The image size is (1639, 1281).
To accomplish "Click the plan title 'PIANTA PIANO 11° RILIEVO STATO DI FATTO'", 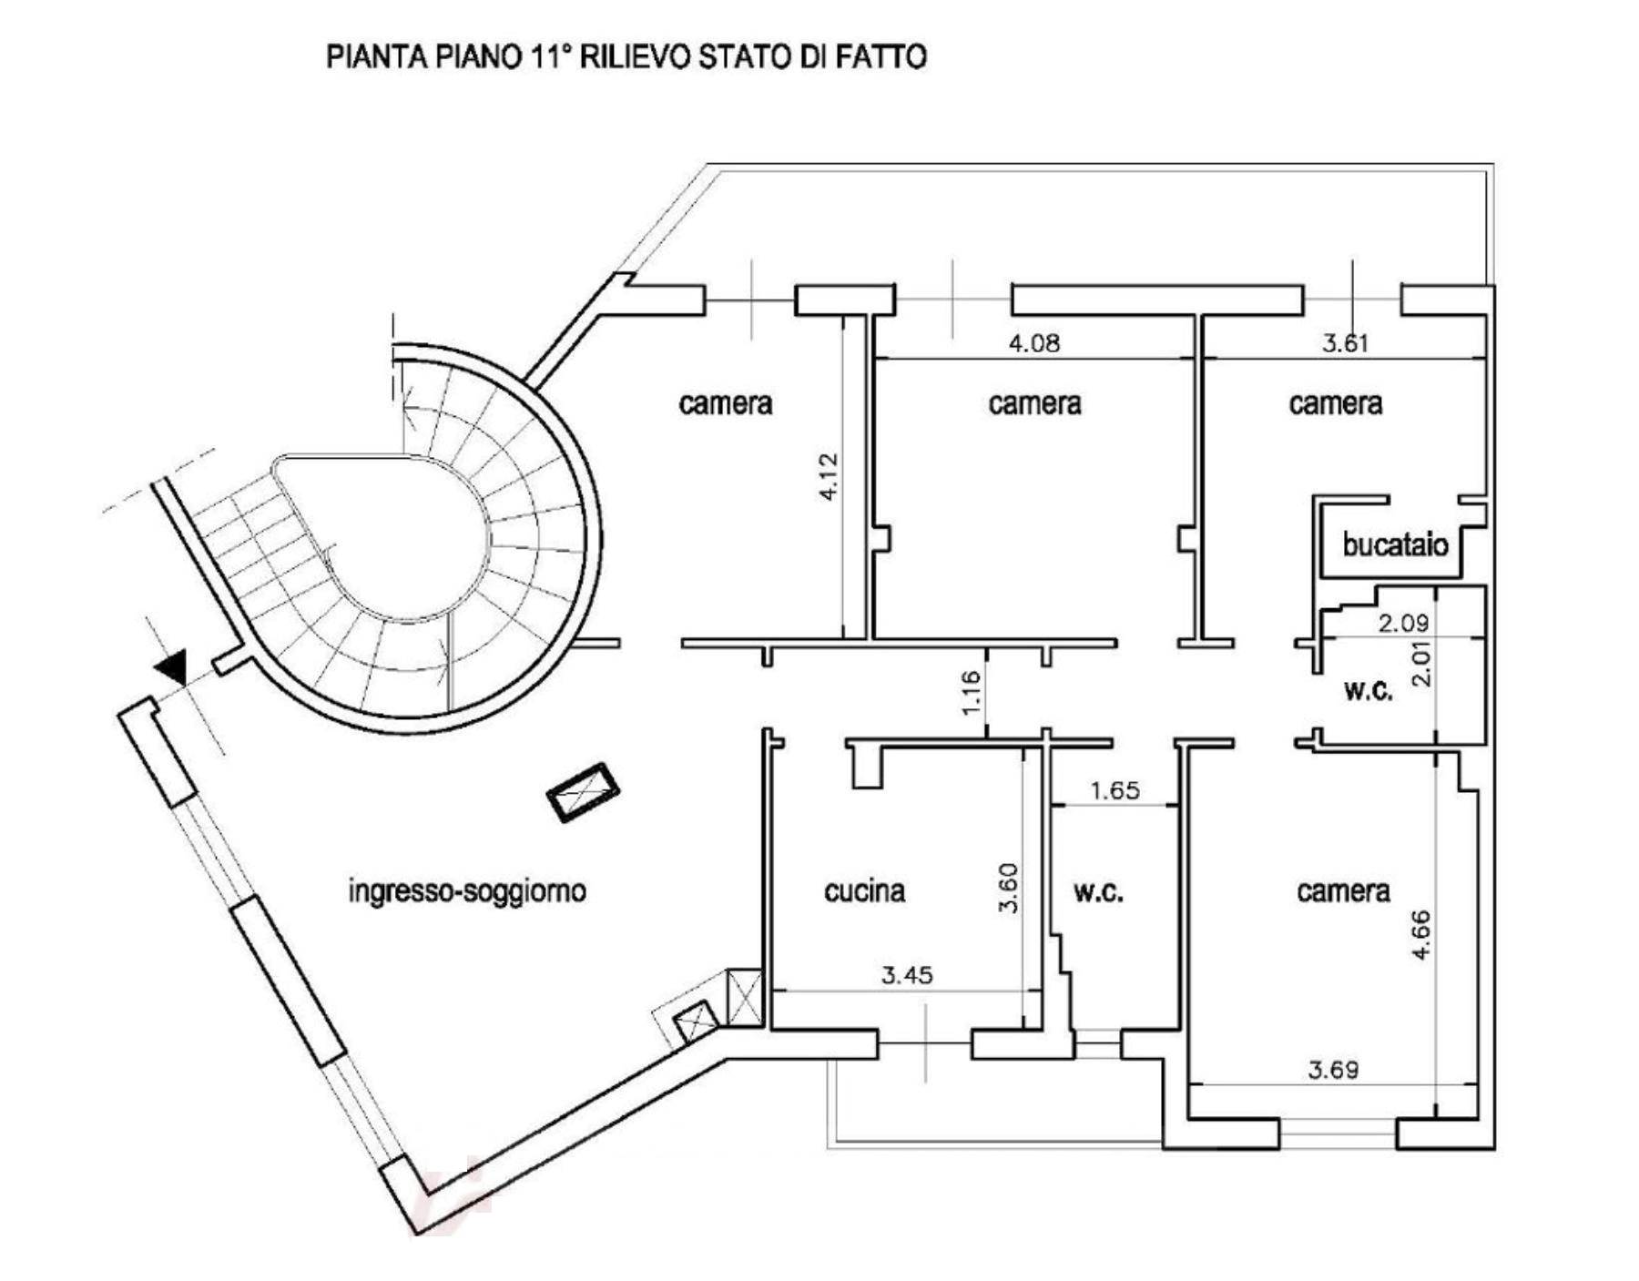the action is pyautogui.click(x=626, y=56).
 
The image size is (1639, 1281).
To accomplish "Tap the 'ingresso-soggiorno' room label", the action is pyautogui.click(x=467, y=890).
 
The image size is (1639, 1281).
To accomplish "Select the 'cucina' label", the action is pyautogui.click(x=865, y=890).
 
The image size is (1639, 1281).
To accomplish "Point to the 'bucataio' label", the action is pyautogui.click(x=1395, y=544).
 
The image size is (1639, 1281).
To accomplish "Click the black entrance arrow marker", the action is pyautogui.click(x=171, y=668).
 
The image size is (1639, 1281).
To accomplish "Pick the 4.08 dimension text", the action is pyautogui.click(x=1034, y=343).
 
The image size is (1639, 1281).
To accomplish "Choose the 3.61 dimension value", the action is pyautogui.click(x=1346, y=343).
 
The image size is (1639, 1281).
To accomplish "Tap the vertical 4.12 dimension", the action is pyautogui.click(x=828, y=476).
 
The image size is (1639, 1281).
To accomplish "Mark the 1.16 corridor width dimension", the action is pyautogui.click(x=971, y=692).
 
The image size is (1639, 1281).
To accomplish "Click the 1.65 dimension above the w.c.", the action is pyautogui.click(x=1115, y=790).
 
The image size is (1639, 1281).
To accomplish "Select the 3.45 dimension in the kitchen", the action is pyautogui.click(x=907, y=975).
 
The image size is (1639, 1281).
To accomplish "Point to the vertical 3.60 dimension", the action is pyautogui.click(x=1008, y=888).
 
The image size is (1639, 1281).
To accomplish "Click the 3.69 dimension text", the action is pyautogui.click(x=1333, y=1070).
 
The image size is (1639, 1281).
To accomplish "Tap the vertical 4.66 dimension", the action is pyautogui.click(x=1420, y=934).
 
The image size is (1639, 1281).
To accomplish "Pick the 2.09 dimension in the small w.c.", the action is pyautogui.click(x=1403, y=624).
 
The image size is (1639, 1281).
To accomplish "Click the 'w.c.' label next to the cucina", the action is pyautogui.click(x=1098, y=892).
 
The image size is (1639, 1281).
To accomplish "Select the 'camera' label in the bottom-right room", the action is pyautogui.click(x=1343, y=890).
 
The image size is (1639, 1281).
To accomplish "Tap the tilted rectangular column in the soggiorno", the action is pyautogui.click(x=583, y=793).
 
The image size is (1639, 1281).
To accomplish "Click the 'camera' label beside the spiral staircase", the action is pyautogui.click(x=726, y=403).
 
